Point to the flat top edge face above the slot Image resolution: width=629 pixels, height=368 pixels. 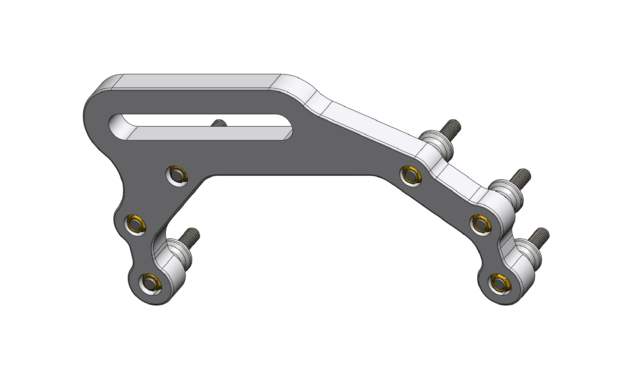pos(195,81)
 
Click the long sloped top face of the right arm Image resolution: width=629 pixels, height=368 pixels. pos(373,126)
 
